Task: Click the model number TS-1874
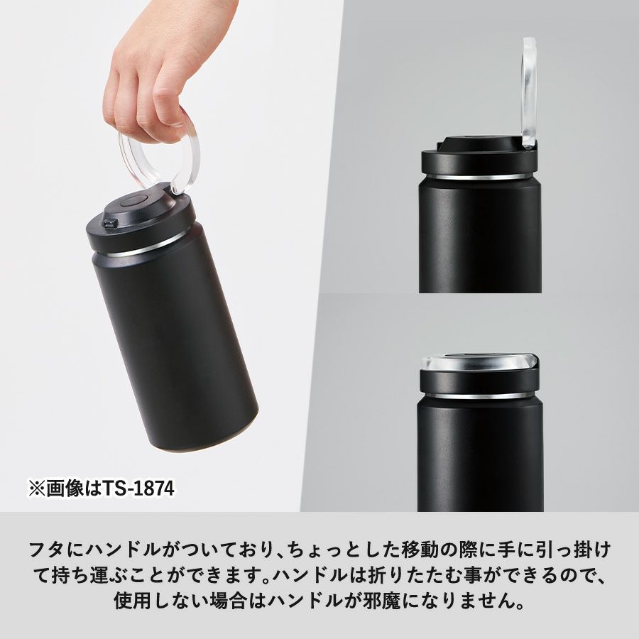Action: pyautogui.click(x=138, y=488)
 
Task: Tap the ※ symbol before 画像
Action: pyautogui.click(x=37, y=488)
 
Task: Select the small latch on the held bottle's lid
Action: pyautogui.click(x=110, y=223)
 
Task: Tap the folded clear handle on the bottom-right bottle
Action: pyautogui.click(x=479, y=361)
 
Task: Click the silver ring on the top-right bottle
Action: pyautogui.click(x=480, y=177)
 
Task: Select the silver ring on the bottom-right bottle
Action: pyautogui.click(x=480, y=395)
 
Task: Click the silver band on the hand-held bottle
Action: pyautogui.click(x=143, y=247)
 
